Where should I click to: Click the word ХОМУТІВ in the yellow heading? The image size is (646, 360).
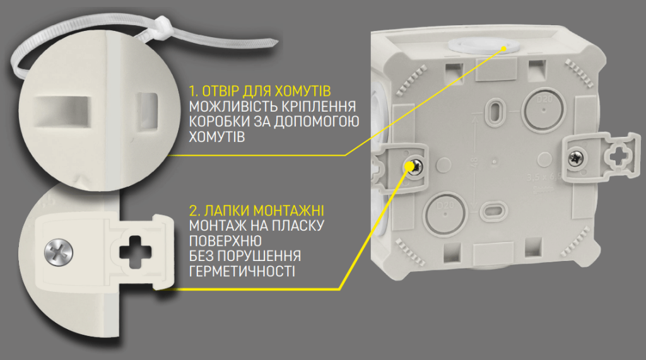305,90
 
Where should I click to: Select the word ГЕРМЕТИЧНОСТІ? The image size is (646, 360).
241,270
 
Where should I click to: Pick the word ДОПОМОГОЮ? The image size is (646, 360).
318,121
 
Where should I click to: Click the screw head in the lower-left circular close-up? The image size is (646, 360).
59,253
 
